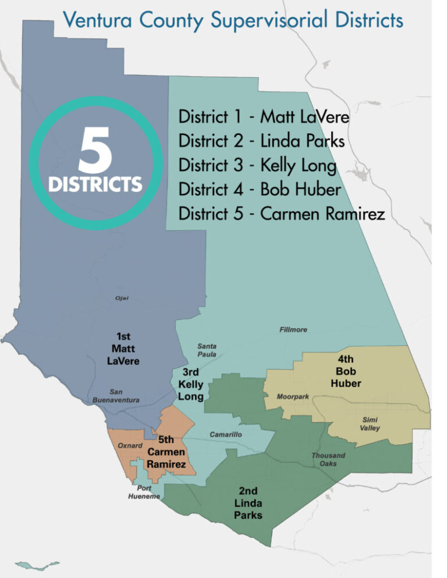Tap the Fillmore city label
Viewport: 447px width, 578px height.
(x=293, y=330)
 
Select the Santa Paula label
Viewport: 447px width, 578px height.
(x=207, y=350)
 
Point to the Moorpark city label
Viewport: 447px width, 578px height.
(x=293, y=397)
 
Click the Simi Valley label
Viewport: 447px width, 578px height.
(x=369, y=423)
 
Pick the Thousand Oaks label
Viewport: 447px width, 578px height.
(x=328, y=459)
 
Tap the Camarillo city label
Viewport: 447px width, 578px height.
(x=225, y=434)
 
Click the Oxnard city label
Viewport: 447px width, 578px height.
(x=131, y=445)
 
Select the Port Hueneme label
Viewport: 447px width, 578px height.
(x=144, y=493)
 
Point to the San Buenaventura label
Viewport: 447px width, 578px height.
(x=116, y=396)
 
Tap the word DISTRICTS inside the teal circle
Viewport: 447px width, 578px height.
(x=95, y=185)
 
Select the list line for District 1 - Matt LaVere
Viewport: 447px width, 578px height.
(x=264, y=117)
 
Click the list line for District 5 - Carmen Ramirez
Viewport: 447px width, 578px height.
(x=282, y=214)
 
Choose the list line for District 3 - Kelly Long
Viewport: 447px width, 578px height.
(x=257, y=166)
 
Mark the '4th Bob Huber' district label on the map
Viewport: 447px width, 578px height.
(x=346, y=371)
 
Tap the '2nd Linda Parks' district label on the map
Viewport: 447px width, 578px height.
(x=248, y=503)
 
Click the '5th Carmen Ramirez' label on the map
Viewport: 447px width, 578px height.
(x=166, y=452)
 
